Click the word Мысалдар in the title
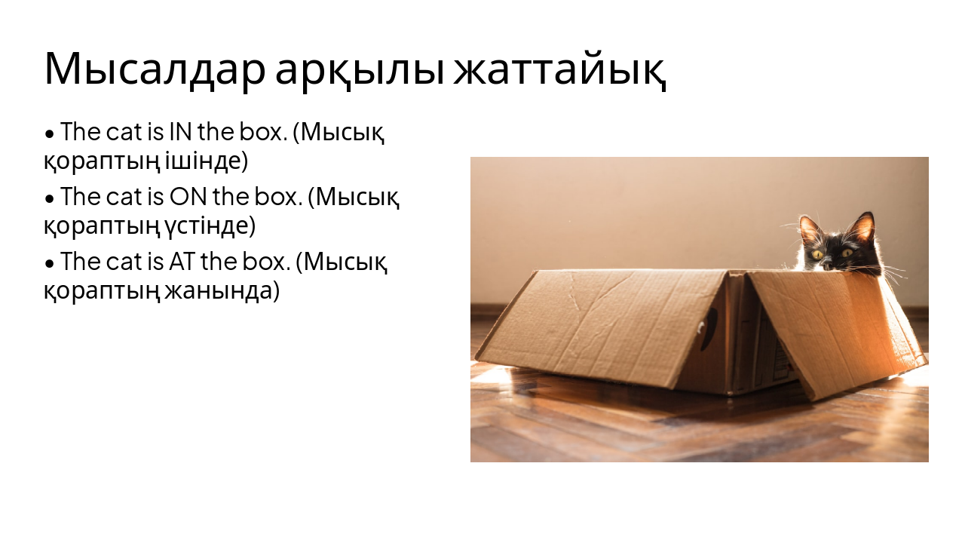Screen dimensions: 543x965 [154, 69]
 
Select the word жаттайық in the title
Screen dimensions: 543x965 [560, 69]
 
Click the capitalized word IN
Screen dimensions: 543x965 [180, 132]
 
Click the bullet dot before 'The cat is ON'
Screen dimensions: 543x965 [50, 199]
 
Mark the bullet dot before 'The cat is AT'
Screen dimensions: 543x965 [50, 264]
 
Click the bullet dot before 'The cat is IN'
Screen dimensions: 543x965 [50, 134]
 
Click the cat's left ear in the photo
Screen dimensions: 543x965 [810, 229]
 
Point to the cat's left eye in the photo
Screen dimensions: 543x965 [818, 254]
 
